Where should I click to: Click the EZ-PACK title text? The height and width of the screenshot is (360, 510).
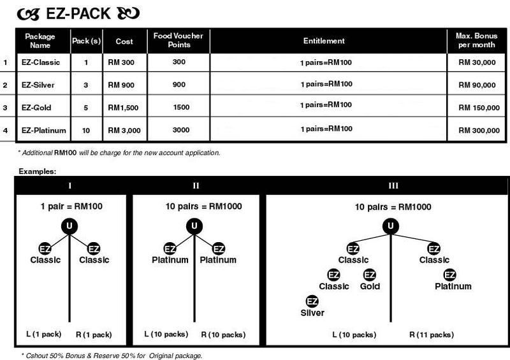click(x=78, y=13)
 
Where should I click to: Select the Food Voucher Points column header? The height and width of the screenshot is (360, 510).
click(x=178, y=40)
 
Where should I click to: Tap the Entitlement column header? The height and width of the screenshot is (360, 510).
click(x=324, y=41)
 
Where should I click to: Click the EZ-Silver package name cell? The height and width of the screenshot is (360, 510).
click(x=38, y=85)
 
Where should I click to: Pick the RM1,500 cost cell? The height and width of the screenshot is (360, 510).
click(x=123, y=108)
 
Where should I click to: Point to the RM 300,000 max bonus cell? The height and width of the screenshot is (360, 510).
click(x=479, y=131)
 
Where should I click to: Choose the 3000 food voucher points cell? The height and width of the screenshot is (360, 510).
click(x=181, y=130)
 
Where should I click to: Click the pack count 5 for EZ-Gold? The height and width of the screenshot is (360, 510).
click(x=86, y=108)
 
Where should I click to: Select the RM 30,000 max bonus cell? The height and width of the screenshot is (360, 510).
click(x=477, y=62)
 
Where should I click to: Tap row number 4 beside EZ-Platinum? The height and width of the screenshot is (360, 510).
click(x=5, y=131)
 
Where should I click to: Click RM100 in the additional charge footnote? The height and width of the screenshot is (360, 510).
click(x=66, y=152)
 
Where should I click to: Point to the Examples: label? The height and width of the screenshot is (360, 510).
click(x=38, y=171)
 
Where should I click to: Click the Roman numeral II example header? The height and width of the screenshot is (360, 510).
click(x=196, y=185)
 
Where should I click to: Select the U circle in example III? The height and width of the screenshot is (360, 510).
click(x=391, y=226)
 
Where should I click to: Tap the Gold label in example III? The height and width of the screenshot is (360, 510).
click(x=370, y=286)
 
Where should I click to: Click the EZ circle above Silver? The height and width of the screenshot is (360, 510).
click(x=312, y=301)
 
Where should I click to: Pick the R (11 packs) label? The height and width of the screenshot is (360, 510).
click(x=432, y=335)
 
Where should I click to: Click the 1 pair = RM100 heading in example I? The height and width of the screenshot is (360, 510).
click(x=71, y=206)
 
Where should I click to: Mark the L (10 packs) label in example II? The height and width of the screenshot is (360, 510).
click(x=166, y=335)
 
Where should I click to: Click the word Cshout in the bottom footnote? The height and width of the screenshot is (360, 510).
click(x=37, y=356)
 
